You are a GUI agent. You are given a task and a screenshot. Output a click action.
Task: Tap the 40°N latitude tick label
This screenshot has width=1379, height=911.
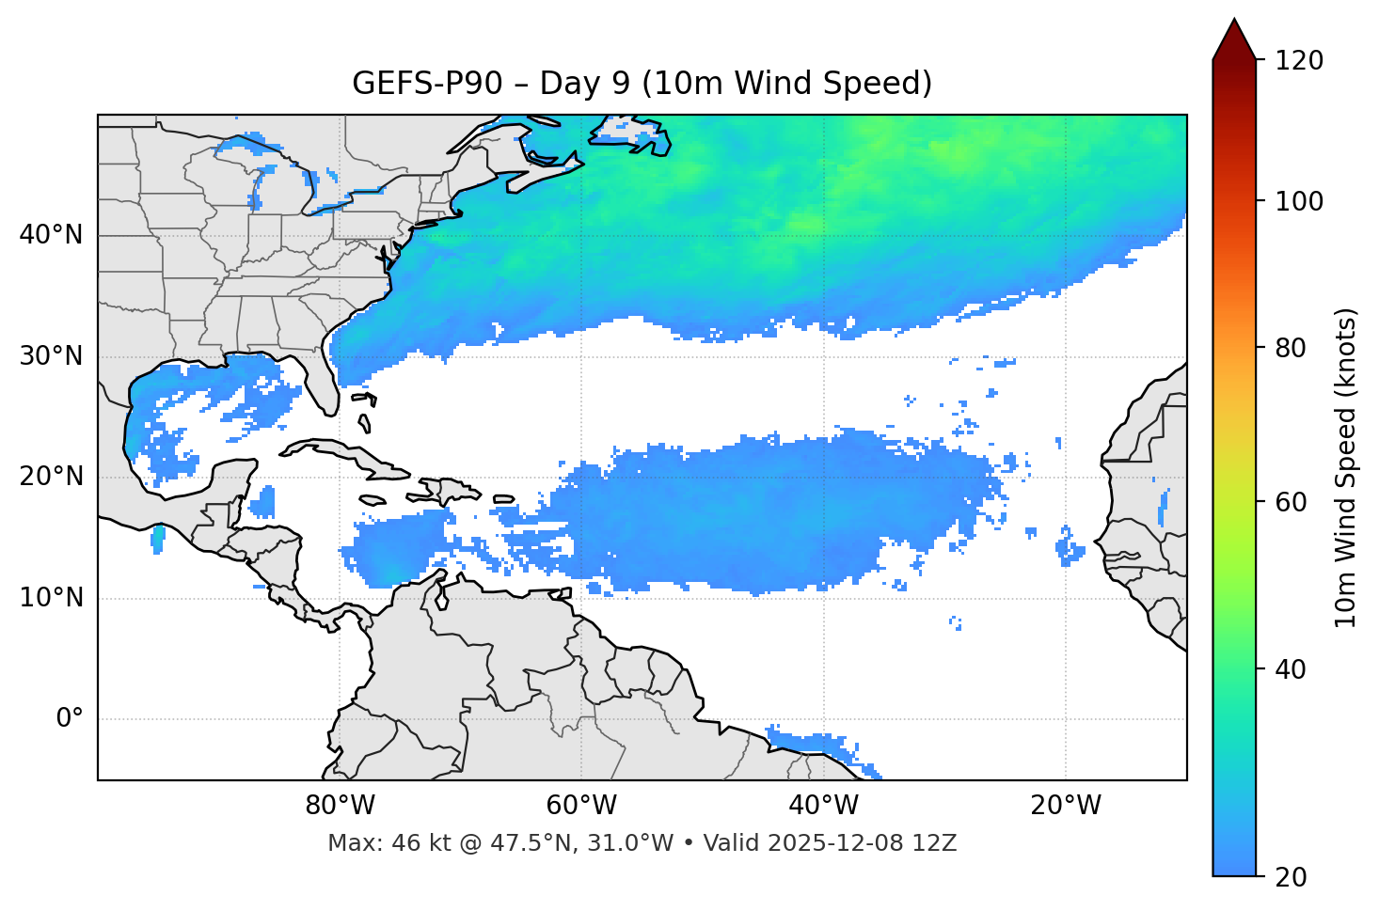click(51, 234)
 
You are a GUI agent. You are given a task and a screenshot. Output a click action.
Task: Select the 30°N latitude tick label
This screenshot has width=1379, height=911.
click(51, 356)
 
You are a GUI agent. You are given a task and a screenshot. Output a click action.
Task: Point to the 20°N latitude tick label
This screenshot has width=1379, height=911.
click(51, 477)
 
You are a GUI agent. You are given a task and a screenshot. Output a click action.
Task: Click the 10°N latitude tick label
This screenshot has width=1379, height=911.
click(51, 598)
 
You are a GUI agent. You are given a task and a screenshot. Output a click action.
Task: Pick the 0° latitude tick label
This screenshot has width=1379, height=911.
click(70, 719)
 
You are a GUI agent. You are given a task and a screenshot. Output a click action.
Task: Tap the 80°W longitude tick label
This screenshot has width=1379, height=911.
click(340, 806)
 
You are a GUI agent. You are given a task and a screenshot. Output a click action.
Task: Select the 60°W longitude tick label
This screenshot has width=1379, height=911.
click(581, 806)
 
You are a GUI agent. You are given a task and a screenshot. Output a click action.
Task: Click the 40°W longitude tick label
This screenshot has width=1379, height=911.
click(823, 806)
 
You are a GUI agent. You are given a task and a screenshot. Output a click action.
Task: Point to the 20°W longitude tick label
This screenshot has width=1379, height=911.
click(1066, 806)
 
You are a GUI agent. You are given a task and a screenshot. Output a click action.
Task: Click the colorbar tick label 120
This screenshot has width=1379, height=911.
click(1298, 61)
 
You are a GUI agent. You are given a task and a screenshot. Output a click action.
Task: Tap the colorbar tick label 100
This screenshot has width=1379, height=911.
click(1298, 201)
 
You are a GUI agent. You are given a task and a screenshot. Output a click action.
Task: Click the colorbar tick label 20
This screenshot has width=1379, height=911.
click(1291, 877)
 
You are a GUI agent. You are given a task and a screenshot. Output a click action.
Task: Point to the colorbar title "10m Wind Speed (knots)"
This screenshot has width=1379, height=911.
click(1346, 467)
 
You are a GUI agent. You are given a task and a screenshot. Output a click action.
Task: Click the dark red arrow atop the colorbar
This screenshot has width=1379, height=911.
click(1234, 40)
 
